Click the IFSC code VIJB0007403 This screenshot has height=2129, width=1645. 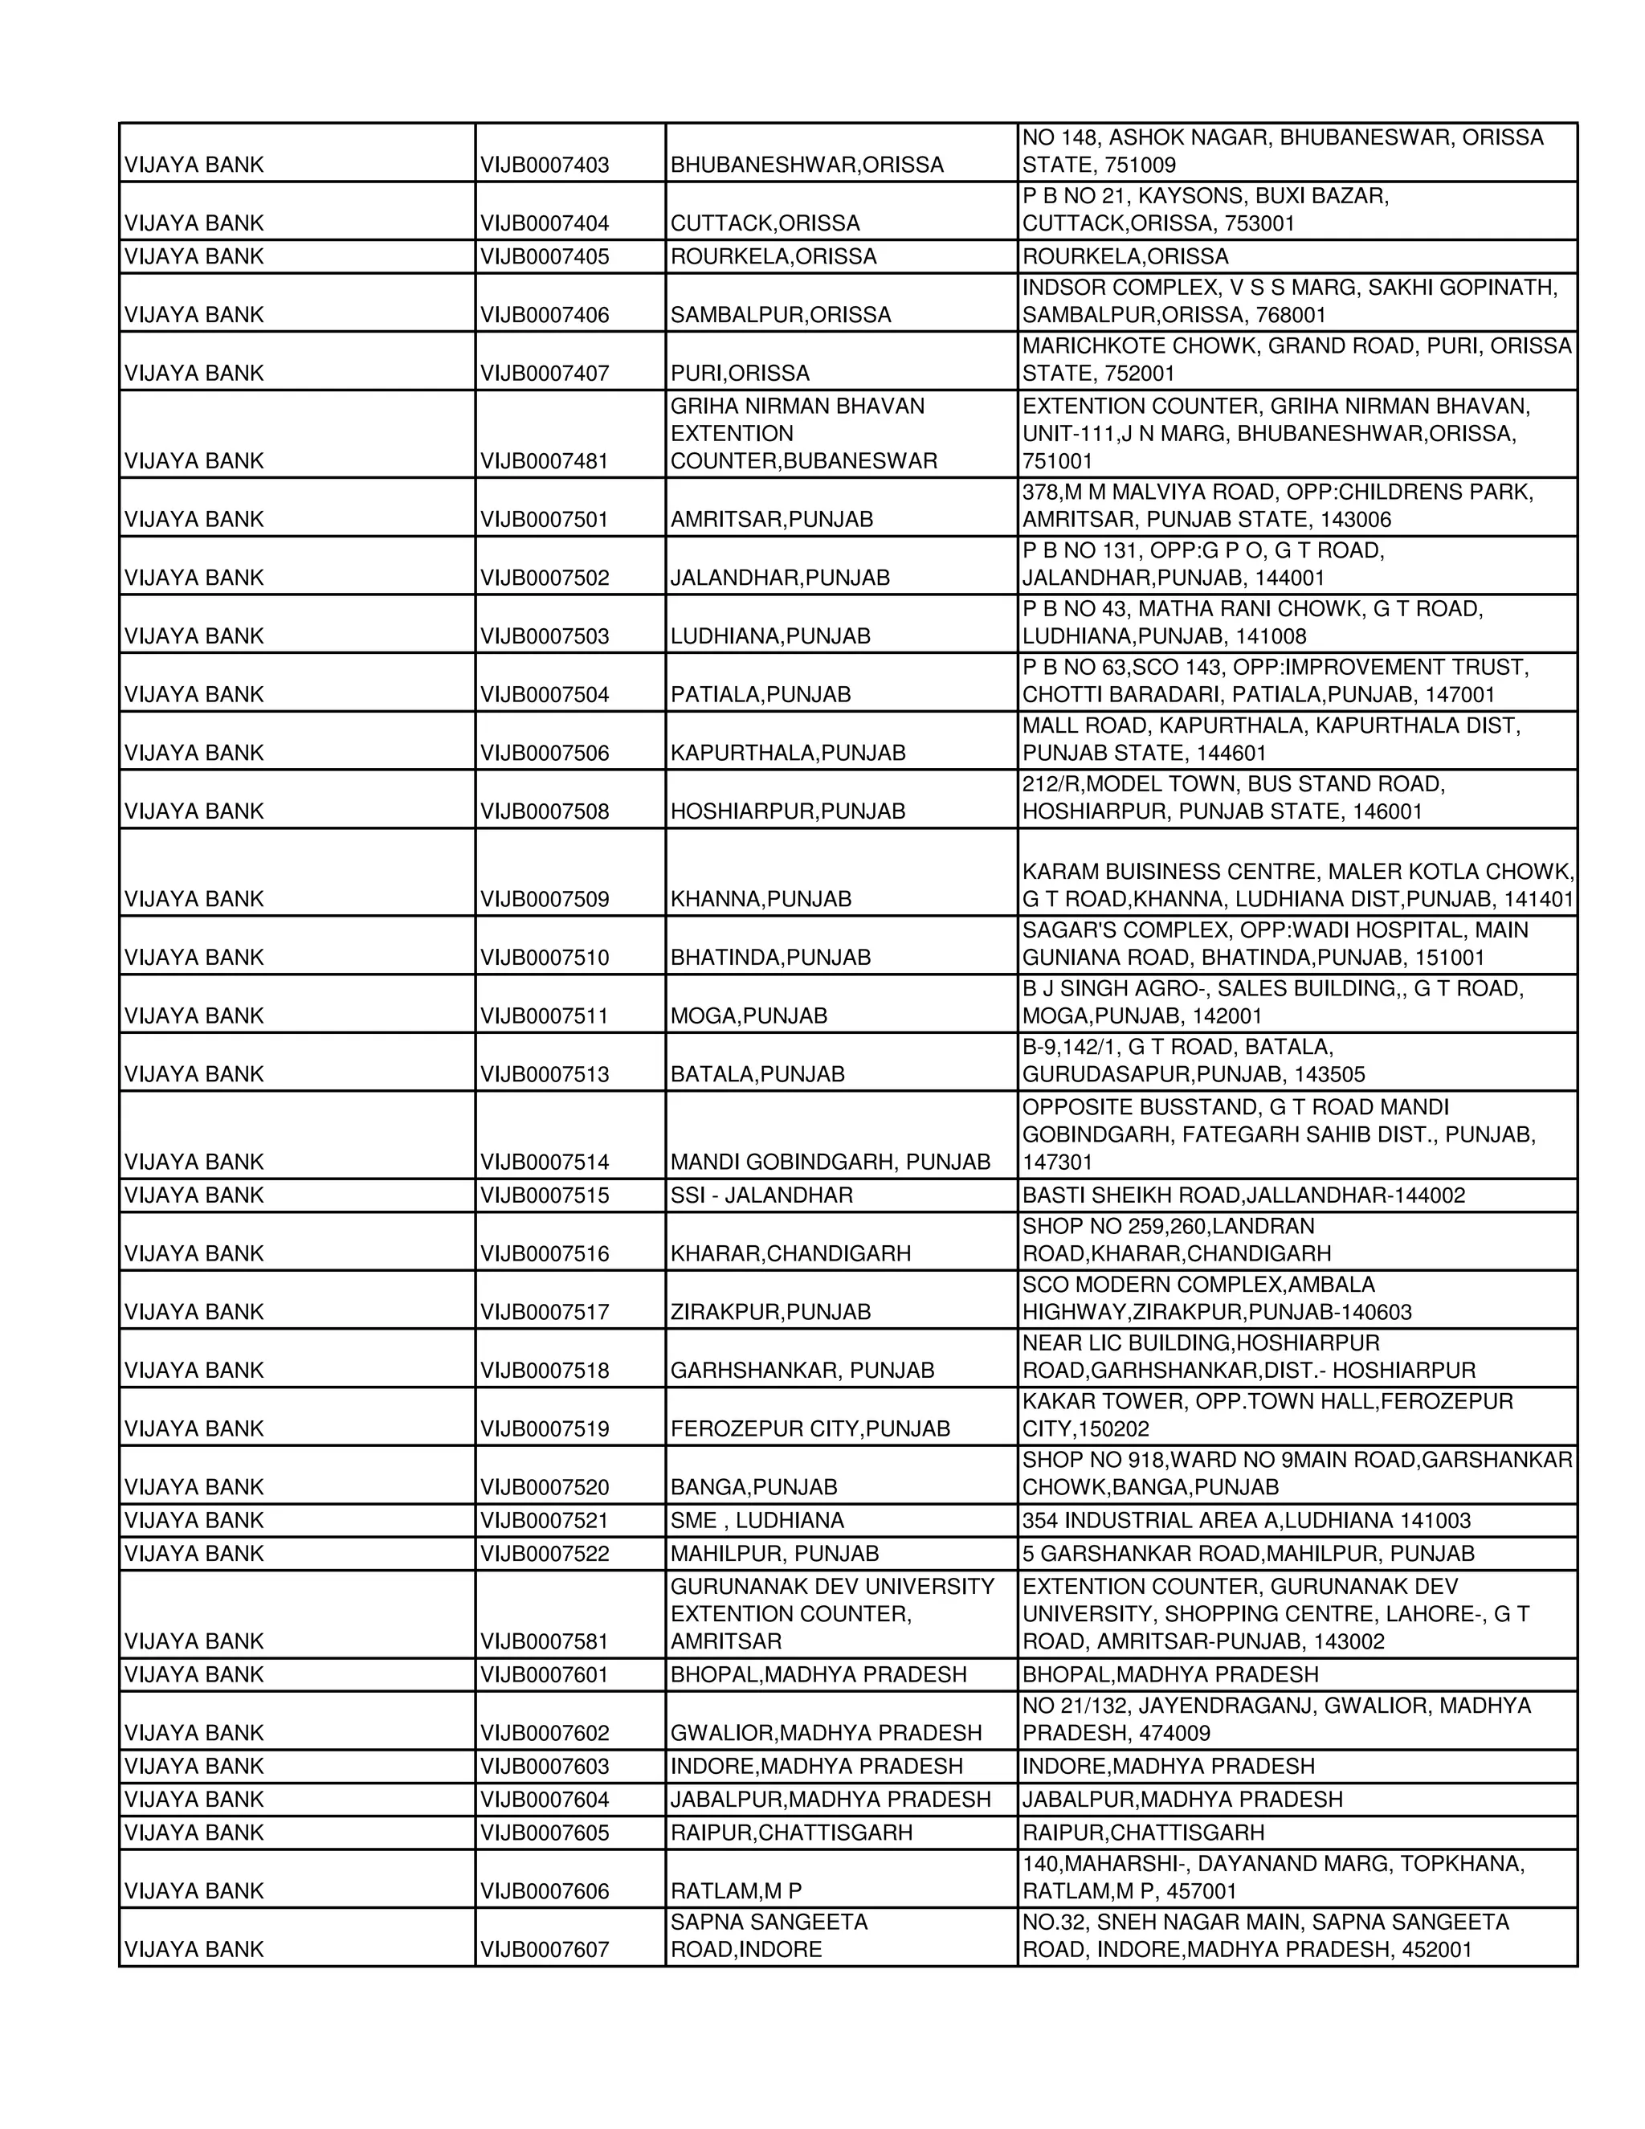pyautogui.click(x=544, y=165)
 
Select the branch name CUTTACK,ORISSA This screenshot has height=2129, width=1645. pyautogui.click(x=764, y=223)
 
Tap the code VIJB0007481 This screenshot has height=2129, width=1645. pyautogui.click(x=544, y=460)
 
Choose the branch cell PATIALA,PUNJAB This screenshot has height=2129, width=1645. pyautogui.click(x=760, y=694)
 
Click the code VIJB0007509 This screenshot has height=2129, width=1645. pyautogui.click(x=544, y=899)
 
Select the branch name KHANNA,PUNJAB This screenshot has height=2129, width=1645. pyautogui.click(x=760, y=899)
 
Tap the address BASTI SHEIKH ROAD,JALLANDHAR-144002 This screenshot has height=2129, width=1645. pyautogui.click(x=1243, y=1195)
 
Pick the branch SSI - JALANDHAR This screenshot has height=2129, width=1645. pyautogui.click(x=761, y=1195)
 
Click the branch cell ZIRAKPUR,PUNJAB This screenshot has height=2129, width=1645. pyautogui.click(x=769, y=1312)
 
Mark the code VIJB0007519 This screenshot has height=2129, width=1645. pyautogui.click(x=544, y=1429)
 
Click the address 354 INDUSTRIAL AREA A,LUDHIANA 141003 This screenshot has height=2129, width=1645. pyautogui.click(x=1246, y=1521)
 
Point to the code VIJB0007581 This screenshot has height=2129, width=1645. pyautogui.click(x=544, y=1641)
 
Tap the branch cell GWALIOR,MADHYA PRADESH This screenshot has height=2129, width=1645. pyautogui.click(x=826, y=1733)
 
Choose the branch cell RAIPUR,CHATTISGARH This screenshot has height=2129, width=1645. pyautogui.click(x=790, y=1833)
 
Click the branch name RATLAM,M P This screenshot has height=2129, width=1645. pyautogui.click(x=736, y=1891)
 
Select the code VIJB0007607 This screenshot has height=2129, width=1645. pyautogui.click(x=544, y=1950)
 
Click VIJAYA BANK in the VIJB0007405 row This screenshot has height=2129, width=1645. pyautogui.click(x=194, y=256)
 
